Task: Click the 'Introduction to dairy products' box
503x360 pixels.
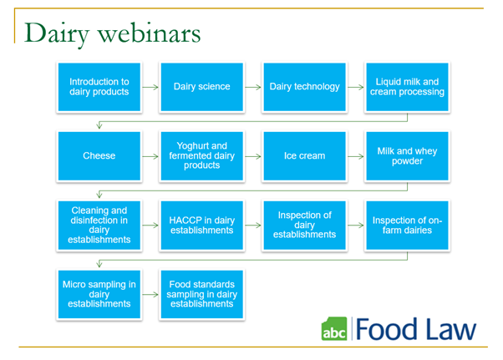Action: (x=99, y=87)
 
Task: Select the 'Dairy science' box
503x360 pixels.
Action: (x=201, y=87)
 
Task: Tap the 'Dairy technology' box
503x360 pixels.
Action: (x=304, y=87)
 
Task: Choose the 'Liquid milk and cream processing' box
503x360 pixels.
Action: (x=407, y=87)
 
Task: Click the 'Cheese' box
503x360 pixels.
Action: (x=99, y=156)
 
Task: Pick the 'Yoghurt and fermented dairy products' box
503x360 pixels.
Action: (x=201, y=156)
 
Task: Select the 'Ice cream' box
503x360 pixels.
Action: (x=304, y=156)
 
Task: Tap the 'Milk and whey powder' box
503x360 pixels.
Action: (x=407, y=156)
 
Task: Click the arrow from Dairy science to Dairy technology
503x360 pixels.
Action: (x=253, y=87)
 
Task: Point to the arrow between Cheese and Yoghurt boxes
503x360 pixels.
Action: (x=150, y=156)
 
